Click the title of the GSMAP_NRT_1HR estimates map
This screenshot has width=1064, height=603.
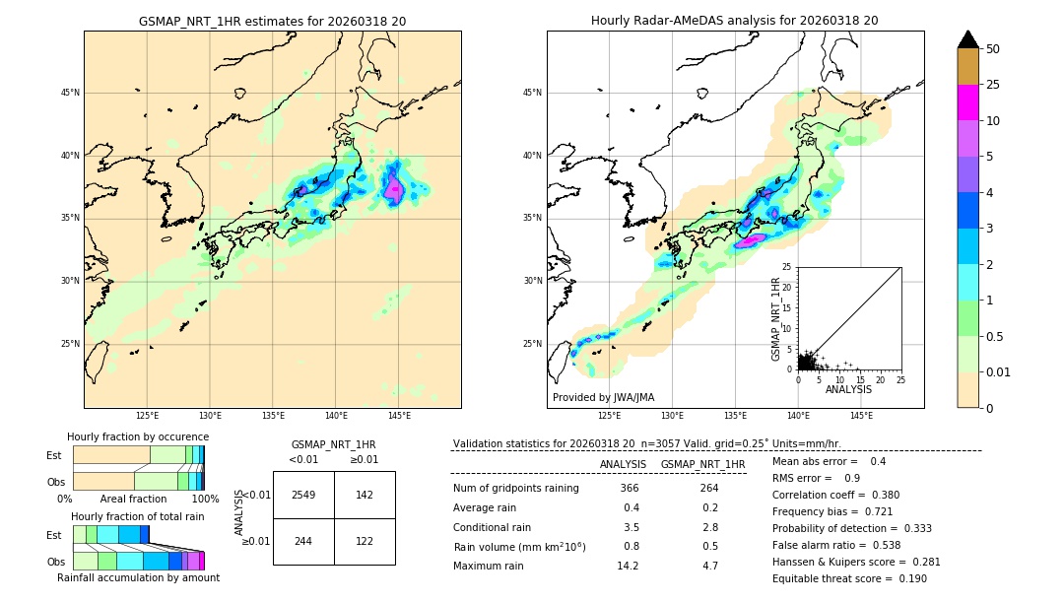[x=272, y=21]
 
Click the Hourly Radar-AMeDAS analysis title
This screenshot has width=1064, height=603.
[x=734, y=21]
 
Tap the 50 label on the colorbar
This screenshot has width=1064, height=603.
[x=994, y=48]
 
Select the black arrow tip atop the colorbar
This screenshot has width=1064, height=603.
[x=968, y=38]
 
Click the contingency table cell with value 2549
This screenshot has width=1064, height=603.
[x=303, y=495]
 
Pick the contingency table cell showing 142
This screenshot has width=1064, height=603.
[x=365, y=495]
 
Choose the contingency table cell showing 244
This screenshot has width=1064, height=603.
[x=303, y=541]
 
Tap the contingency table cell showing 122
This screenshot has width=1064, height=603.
[x=365, y=541]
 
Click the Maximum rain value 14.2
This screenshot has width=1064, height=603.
[x=628, y=566]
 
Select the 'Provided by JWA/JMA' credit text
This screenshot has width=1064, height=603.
[x=603, y=397]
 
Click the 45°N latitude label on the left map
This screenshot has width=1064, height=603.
[x=70, y=93]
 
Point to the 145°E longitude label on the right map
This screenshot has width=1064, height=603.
[x=861, y=416]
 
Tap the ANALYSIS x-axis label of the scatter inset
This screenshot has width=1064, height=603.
[x=847, y=389]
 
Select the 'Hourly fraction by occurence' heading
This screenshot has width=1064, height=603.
[x=138, y=436]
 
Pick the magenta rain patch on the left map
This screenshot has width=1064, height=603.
[x=394, y=187]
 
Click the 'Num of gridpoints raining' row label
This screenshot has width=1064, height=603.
[x=515, y=489]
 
